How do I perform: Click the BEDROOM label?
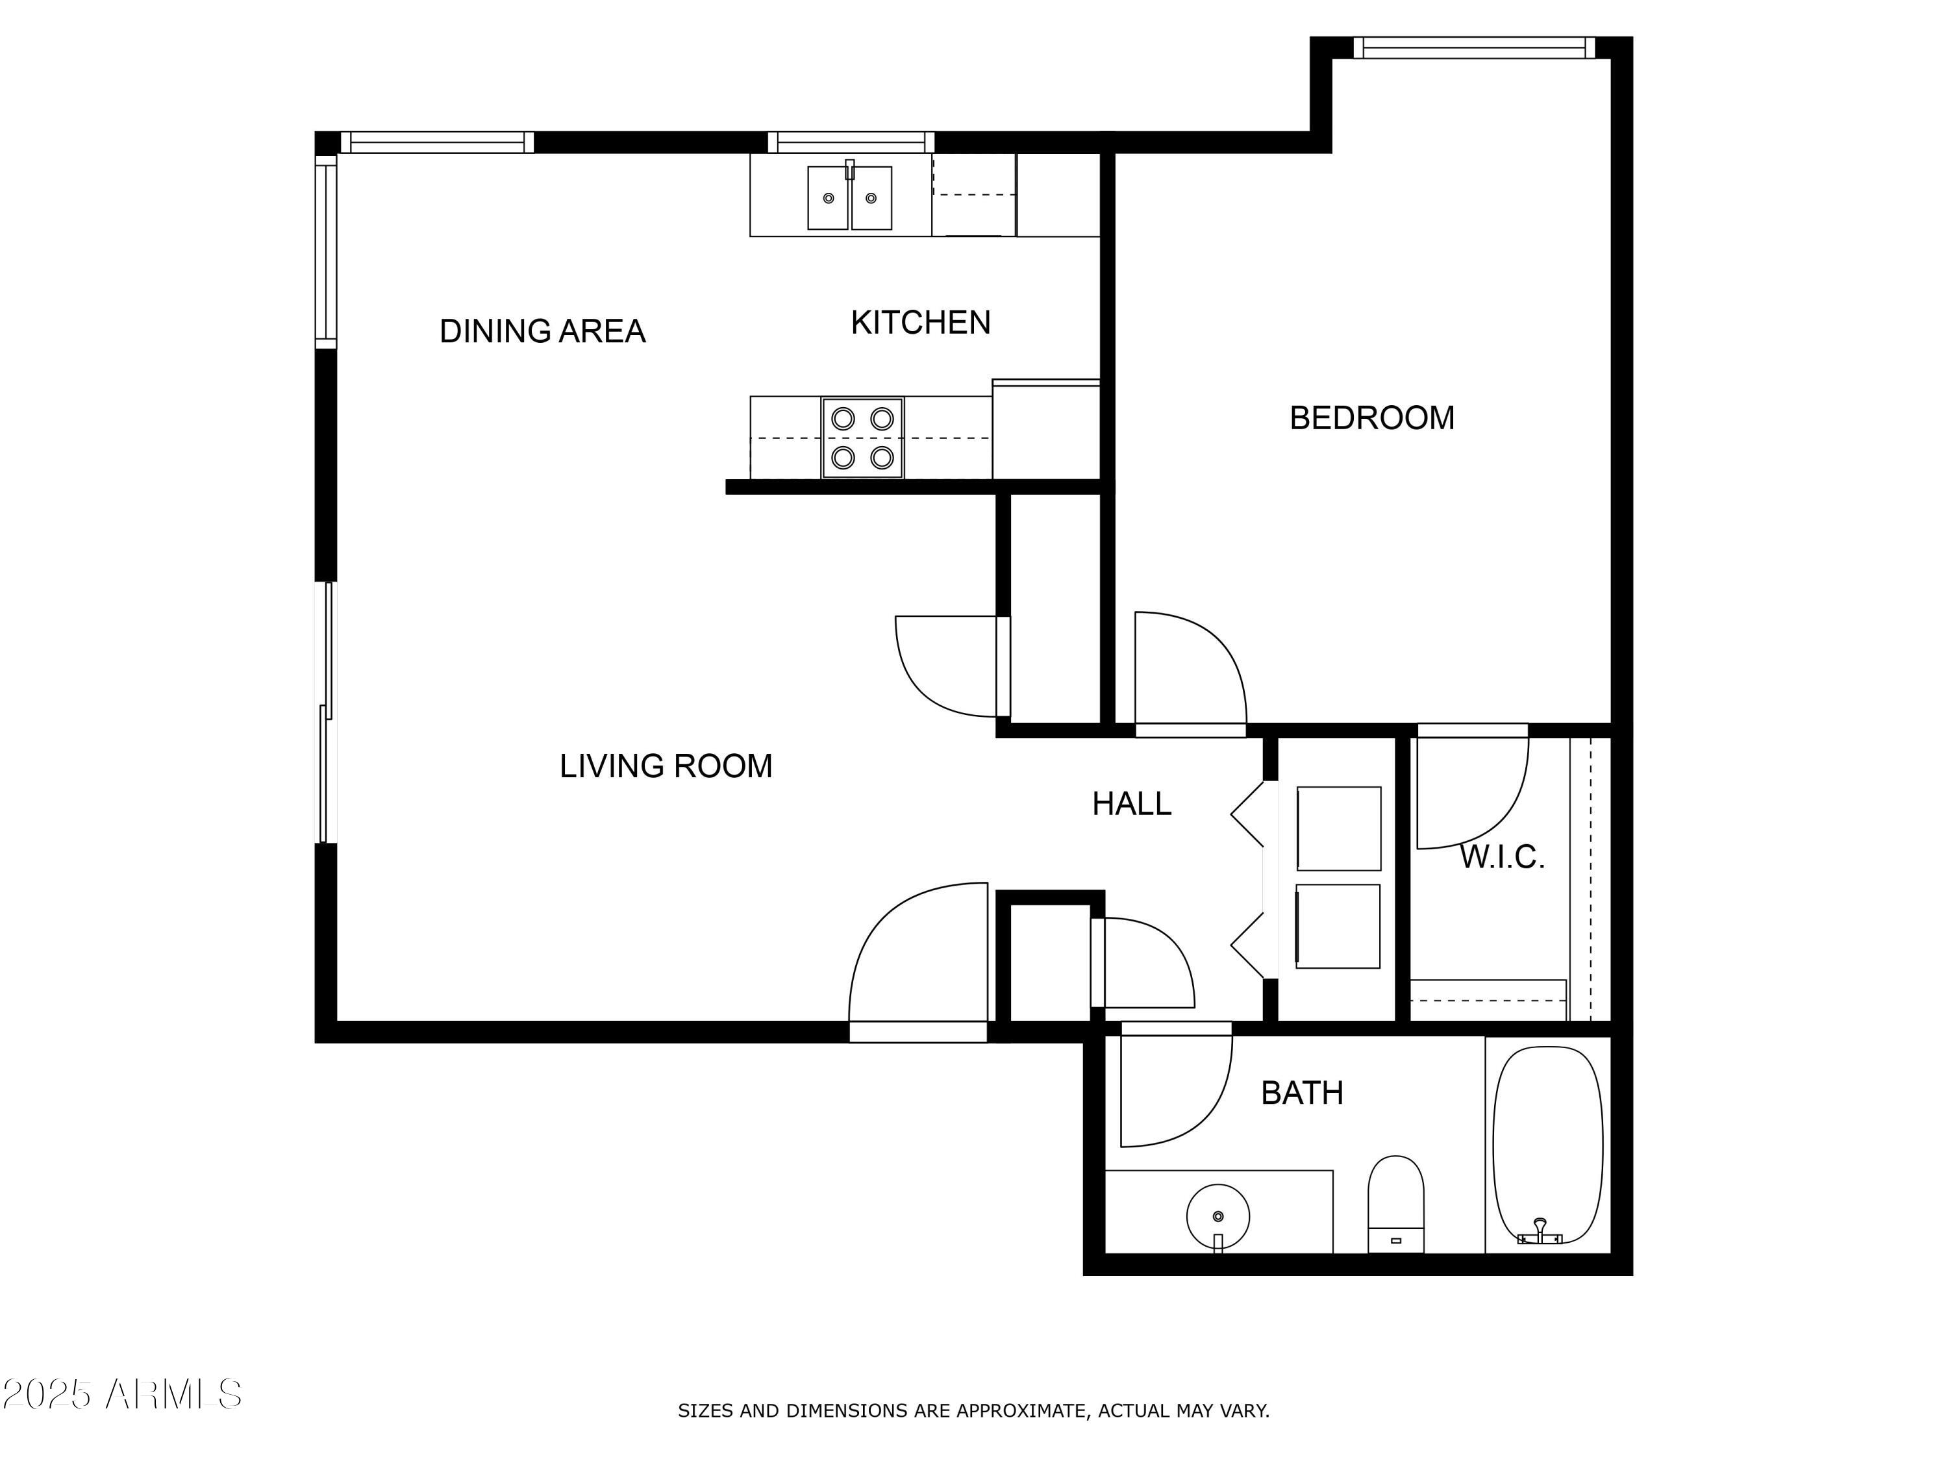pyautogui.click(x=1371, y=418)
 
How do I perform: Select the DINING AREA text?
pyautogui.click(x=542, y=331)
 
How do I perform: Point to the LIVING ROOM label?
pyautogui.click(x=666, y=766)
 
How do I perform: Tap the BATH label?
pyautogui.click(x=1302, y=1093)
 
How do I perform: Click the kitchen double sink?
pyautogui.click(x=849, y=198)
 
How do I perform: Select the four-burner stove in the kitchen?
pyautogui.click(x=862, y=438)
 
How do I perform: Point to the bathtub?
pyautogui.click(x=1547, y=1145)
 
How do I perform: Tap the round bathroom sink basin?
pyautogui.click(x=1218, y=1216)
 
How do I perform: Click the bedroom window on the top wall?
pyautogui.click(x=1473, y=47)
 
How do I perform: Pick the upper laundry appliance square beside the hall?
pyautogui.click(x=1338, y=828)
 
